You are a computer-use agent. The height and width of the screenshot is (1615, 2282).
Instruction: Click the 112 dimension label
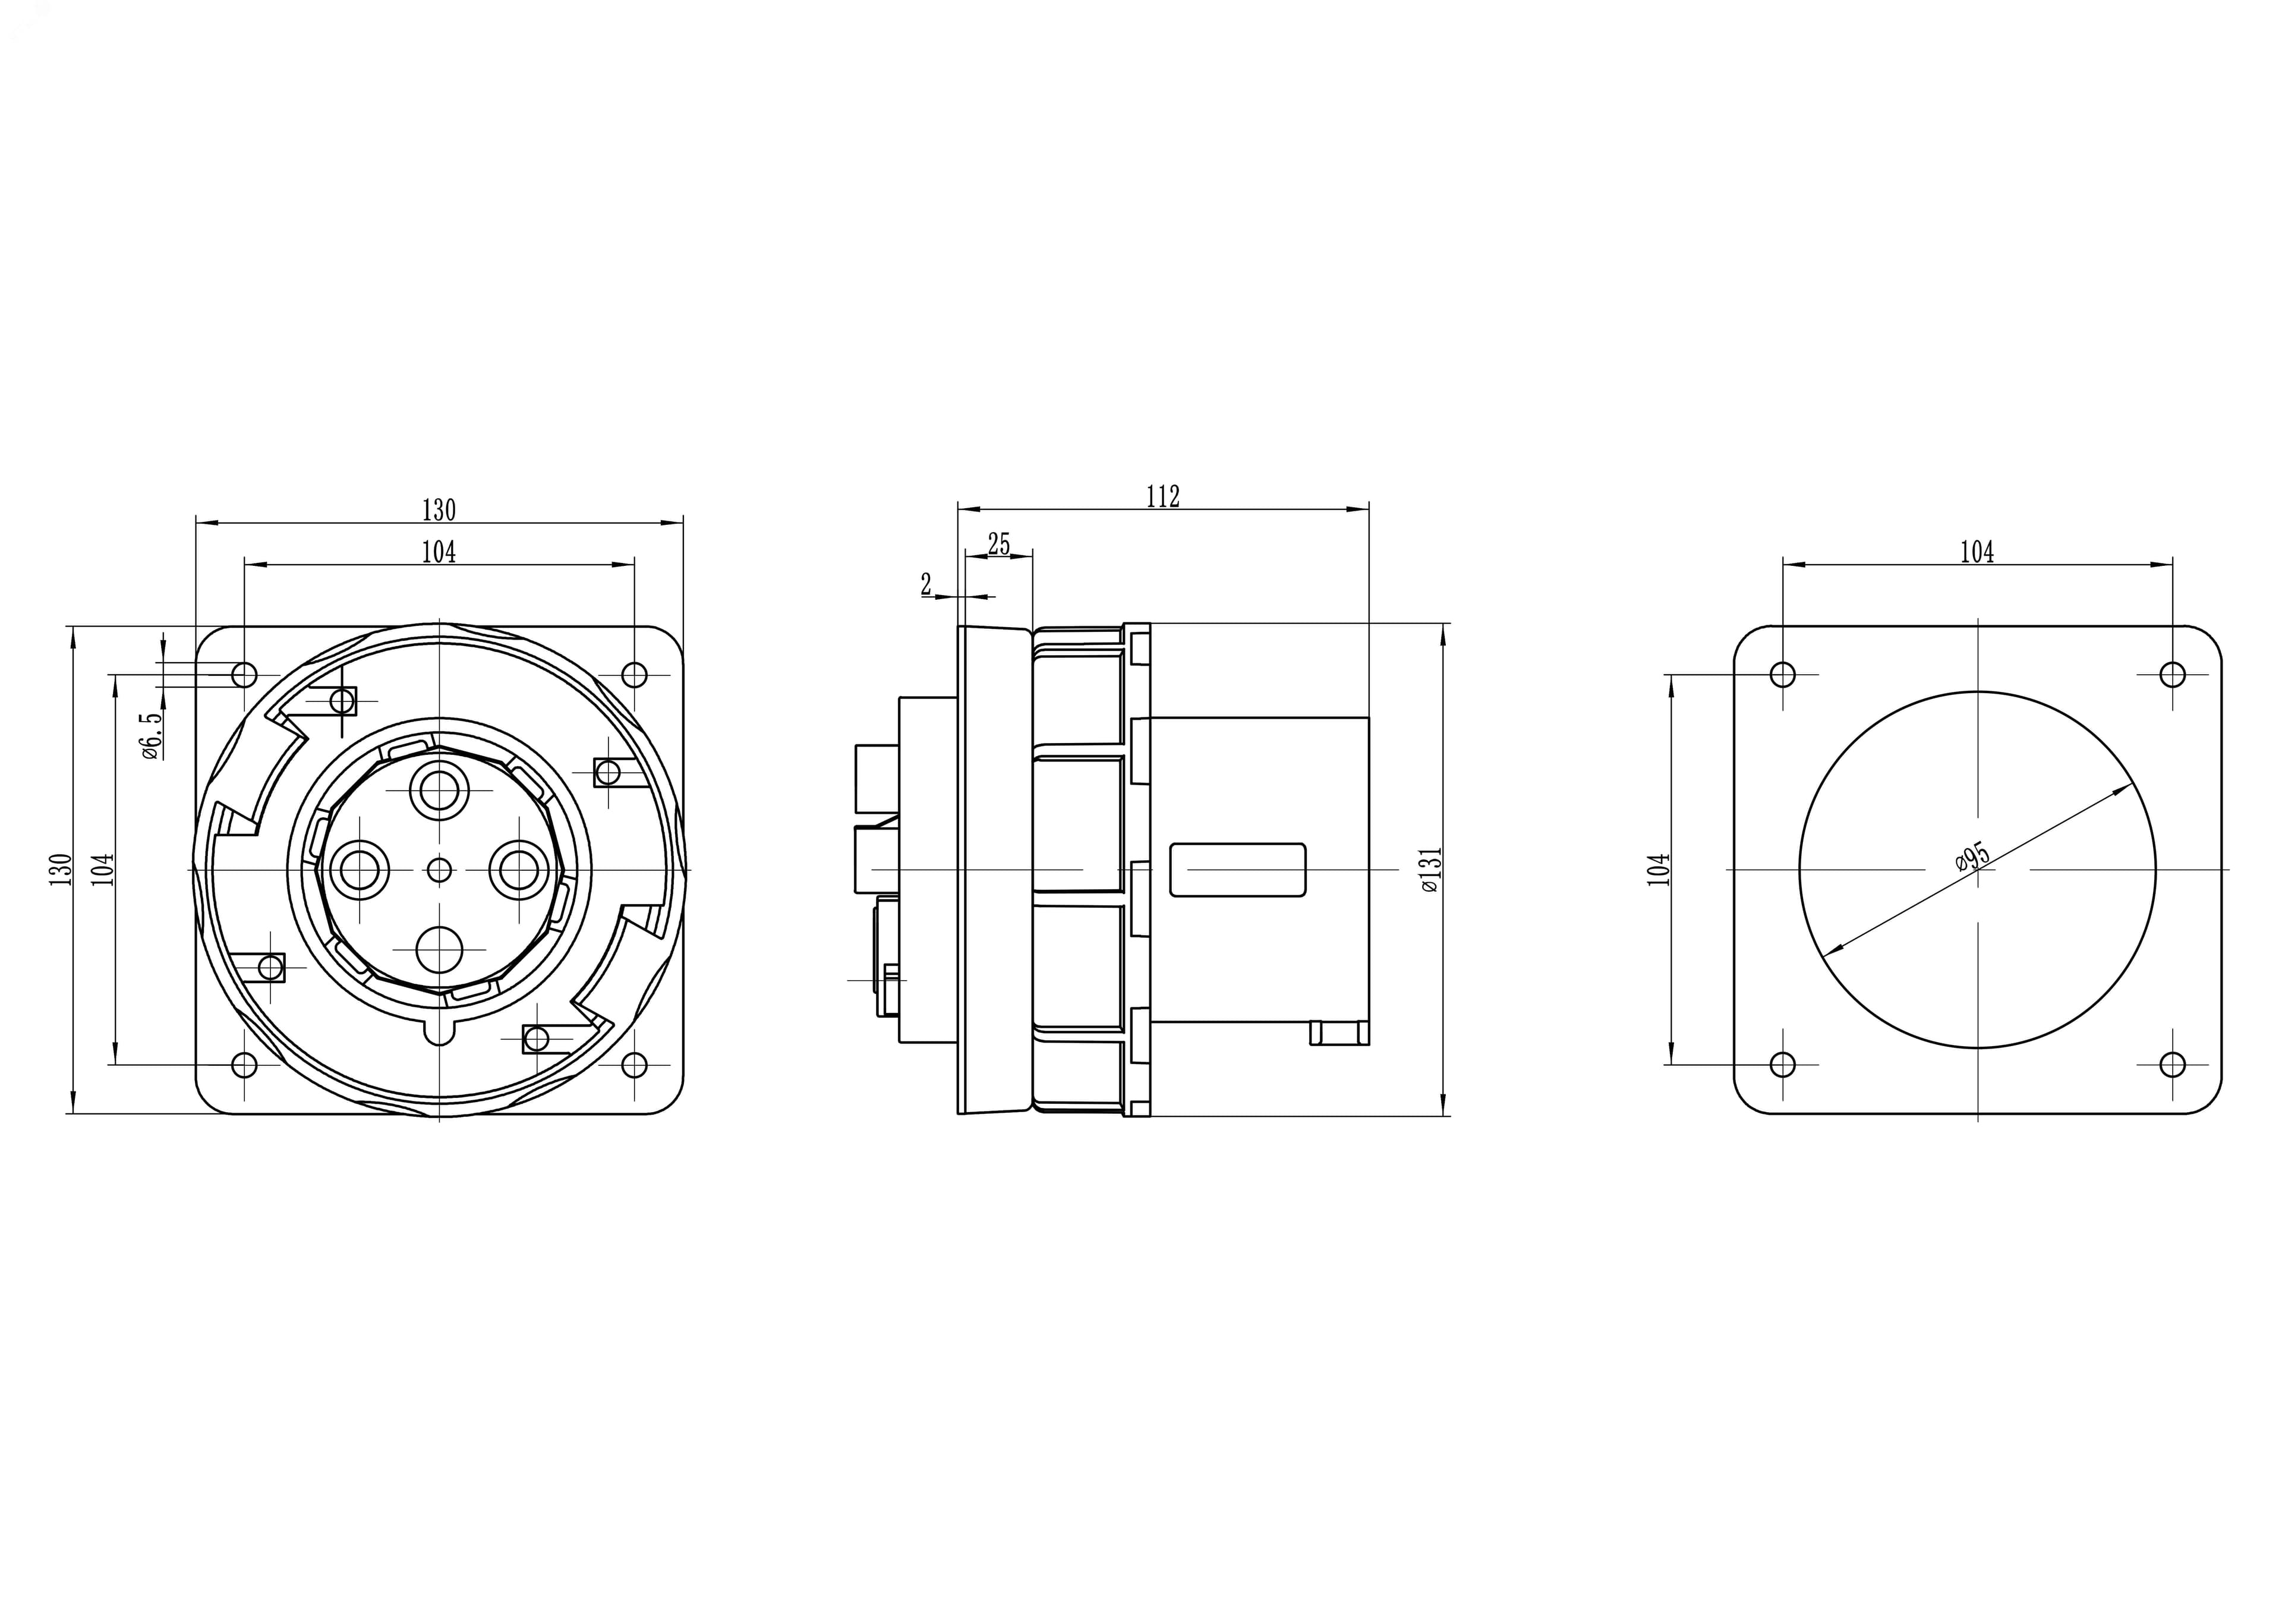click(x=1162, y=496)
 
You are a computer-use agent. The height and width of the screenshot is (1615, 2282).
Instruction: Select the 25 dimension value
click(x=998, y=544)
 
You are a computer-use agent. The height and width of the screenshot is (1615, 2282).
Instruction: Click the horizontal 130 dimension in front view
click(x=439, y=510)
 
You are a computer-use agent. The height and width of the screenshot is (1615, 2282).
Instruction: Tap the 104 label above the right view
click(x=1977, y=552)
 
